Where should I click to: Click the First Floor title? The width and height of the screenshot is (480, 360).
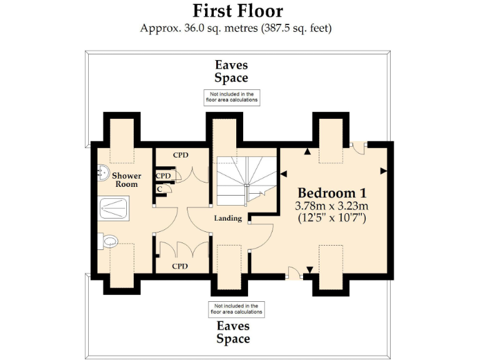(237, 11)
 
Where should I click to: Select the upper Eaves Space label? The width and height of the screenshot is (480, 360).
(231, 71)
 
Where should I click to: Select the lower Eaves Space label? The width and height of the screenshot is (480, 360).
(233, 332)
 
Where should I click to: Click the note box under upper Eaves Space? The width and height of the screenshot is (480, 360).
(231, 97)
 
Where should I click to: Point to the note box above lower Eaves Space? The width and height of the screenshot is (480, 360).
(236, 308)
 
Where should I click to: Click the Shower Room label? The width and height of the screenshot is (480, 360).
(126, 180)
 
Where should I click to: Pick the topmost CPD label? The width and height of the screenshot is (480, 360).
(180, 155)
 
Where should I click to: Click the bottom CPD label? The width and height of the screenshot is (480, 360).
(180, 266)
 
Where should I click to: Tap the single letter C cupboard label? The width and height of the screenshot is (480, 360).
(161, 189)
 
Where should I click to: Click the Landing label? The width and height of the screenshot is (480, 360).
(227, 219)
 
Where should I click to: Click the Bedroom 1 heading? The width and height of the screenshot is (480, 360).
(332, 192)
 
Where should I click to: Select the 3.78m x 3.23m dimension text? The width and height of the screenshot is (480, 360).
(332, 206)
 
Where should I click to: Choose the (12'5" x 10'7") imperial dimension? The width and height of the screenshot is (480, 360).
(332, 218)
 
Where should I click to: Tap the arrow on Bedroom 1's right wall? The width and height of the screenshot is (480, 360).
(383, 170)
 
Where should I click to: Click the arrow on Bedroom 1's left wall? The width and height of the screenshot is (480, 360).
(283, 174)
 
